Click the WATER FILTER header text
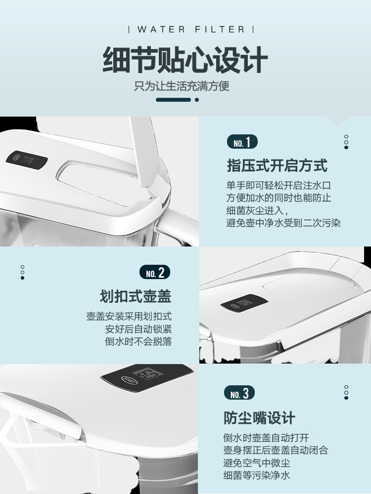(x=191, y=30)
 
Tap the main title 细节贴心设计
(x=185, y=60)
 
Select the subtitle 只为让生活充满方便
(x=182, y=86)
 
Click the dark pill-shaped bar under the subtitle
(x=173, y=100)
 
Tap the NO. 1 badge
(x=242, y=142)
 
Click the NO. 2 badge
(x=154, y=273)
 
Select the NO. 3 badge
(x=239, y=393)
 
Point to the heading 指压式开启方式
(x=277, y=165)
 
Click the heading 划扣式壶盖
(x=136, y=296)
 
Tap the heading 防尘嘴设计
(x=259, y=418)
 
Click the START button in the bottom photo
(x=129, y=380)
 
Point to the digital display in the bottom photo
(x=147, y=373)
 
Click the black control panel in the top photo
(x=27, y=160)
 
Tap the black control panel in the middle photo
(x=244, y=303)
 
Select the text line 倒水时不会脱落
(x=138, y=341)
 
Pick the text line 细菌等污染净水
(x=256, y=475)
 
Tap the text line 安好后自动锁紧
(x=138, y=329)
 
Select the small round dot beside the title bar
(x=197, y=100)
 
